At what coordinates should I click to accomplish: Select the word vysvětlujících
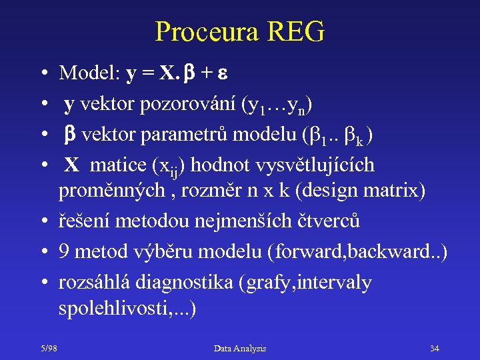(x=317, y=165)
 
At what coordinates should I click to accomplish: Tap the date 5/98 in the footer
(x=49, y=348)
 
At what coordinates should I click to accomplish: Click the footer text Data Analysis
(x=240, y=348)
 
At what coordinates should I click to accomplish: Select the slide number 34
(x=435, y=348)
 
